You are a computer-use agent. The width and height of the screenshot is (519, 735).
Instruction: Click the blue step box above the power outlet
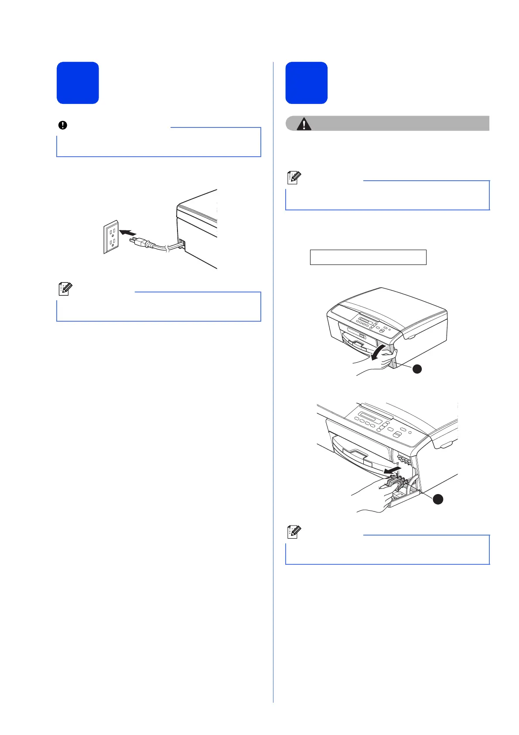point(78,83)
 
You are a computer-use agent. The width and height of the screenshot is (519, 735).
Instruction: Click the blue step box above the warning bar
point(306,83)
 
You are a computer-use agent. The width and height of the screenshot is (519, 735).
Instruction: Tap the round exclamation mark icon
point(63,125)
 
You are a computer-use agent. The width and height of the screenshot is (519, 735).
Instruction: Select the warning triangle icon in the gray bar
point(304,124)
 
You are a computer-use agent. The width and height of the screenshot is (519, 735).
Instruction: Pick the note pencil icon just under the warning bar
point(294,178)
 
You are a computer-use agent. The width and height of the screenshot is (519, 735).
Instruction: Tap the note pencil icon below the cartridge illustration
point(294,532)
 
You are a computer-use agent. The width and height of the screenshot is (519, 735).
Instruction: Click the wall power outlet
point(111,237)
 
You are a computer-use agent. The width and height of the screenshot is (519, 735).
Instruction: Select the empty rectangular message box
point(368,257)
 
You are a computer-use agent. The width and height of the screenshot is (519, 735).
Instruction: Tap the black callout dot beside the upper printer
point(417,369)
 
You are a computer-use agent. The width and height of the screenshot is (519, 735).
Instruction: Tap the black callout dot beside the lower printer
point(437,500)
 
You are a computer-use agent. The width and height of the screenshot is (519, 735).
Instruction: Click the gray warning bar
point(393,124)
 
